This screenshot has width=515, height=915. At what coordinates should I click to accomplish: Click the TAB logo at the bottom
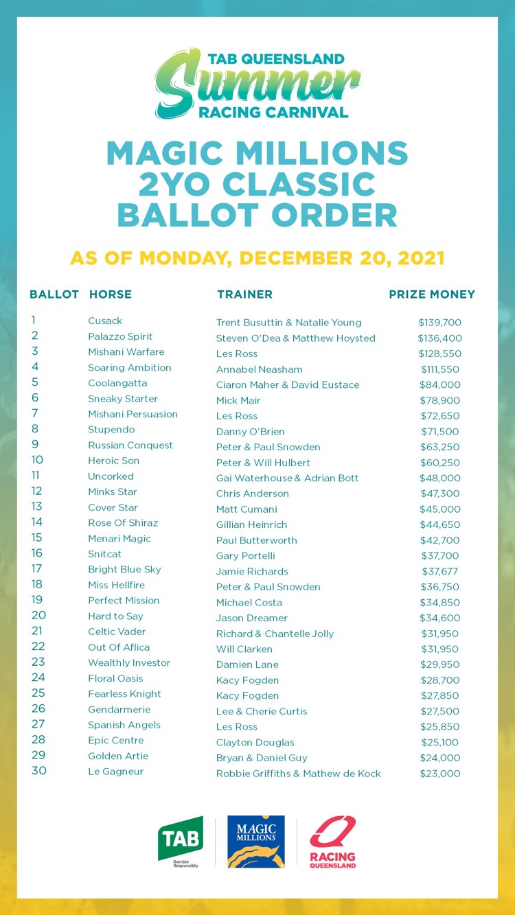(181, 842)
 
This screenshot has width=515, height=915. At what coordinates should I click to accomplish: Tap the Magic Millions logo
(256, 842)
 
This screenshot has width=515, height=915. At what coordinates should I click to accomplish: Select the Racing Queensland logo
(333, 842)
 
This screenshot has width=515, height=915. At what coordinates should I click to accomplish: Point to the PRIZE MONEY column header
(432, 294)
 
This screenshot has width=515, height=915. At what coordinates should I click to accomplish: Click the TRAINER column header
(244, 294)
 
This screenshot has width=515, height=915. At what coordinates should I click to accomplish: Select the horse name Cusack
(105, 321)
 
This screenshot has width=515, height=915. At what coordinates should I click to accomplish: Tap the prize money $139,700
(439, 323)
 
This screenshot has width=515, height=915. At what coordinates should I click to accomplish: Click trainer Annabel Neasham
(259, 369)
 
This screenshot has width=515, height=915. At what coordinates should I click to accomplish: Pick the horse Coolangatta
(117, 383)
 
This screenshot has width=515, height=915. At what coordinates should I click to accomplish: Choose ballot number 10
(37, 460)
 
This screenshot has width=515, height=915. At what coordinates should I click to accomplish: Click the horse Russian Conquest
(130, 445)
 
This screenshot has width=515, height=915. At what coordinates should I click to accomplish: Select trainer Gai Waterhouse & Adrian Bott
(287, 478)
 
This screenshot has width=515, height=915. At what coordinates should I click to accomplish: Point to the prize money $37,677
(440, 571)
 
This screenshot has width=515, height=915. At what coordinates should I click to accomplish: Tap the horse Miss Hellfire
(117, 584)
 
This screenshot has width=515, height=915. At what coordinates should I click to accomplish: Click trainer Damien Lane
(247, 664)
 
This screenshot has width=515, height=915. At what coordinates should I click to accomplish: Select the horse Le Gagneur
(116, 772)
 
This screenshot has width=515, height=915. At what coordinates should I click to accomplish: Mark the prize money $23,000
(440, 774)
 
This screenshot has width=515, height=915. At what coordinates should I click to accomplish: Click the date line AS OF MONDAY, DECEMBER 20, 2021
(257, 258)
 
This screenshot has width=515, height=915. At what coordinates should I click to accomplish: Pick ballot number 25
(38, 693)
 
